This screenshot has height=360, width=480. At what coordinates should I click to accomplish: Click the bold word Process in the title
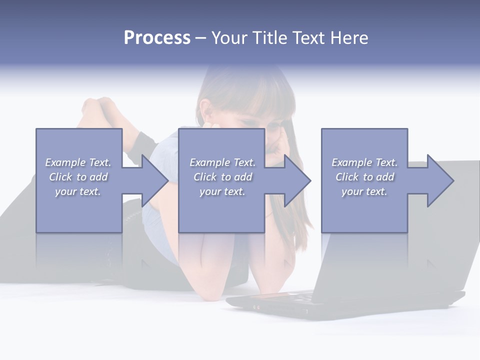point(157,38)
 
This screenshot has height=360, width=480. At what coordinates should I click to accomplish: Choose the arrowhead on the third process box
point(440,180)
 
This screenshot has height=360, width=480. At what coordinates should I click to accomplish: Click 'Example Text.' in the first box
point(78,162)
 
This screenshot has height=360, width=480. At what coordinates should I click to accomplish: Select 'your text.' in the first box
point(78,191)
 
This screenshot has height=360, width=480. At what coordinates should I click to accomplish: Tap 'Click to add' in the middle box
point(222,177)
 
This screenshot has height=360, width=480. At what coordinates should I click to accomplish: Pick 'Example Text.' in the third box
point(364,162)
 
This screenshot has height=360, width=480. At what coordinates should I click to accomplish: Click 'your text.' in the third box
point(364,191)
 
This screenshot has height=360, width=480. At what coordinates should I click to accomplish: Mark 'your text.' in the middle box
point(222,191)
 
